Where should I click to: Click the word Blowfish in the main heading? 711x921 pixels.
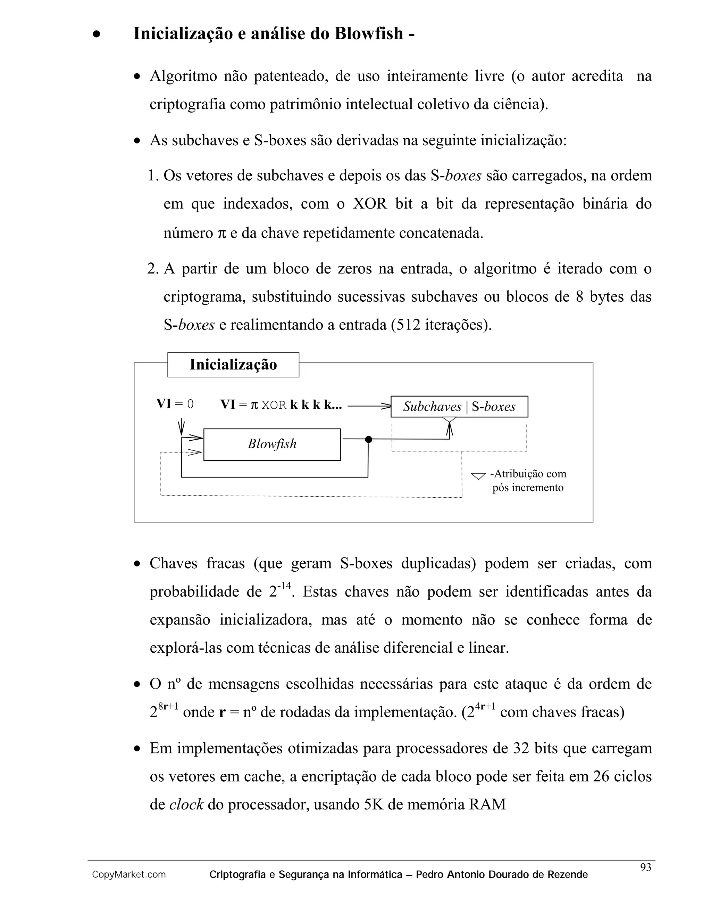click(369, 33)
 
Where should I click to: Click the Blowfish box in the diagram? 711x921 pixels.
click(272, 444)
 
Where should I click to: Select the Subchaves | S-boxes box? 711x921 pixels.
click(459, 407)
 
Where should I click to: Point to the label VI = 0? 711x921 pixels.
click(175, 404)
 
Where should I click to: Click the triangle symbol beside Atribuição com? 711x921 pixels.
click(478, 476)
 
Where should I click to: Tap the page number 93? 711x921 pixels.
click(645, 867)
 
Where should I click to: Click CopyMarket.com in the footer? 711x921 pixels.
click(129, 875)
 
